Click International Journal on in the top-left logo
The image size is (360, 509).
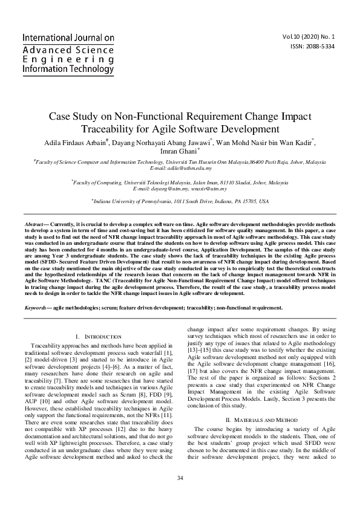tap(68, 38)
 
